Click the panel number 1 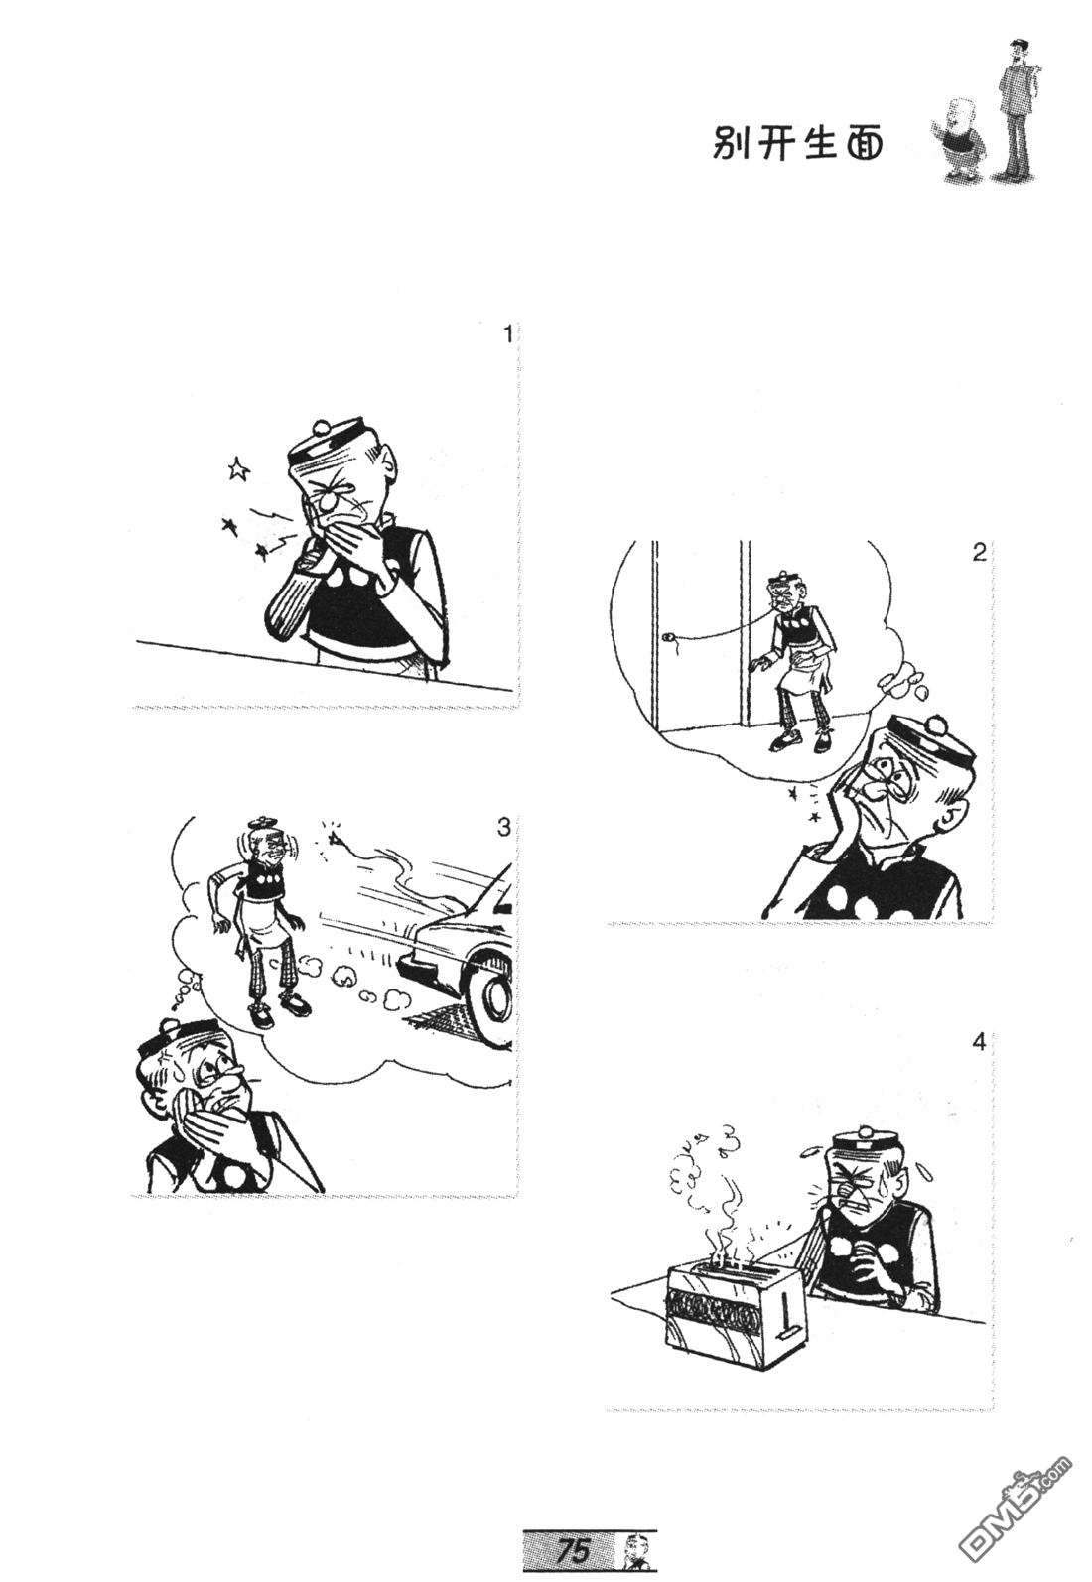tap(506, 333)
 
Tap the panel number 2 tap(978, 552)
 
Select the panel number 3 tap(503, 827)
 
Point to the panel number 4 tap(978, 1041)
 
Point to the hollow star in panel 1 tap(238, 466)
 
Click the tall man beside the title tap(1015, 108)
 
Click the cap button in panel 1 tap(322, 425)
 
